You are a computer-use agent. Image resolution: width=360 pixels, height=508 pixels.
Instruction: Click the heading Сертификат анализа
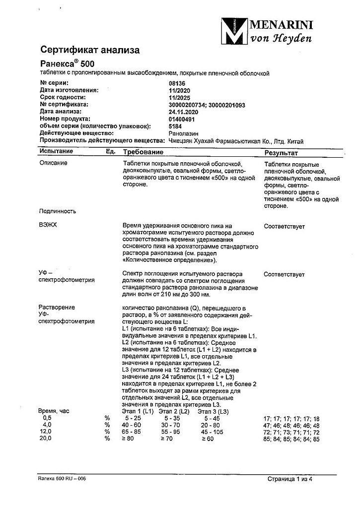(x=90, y=50)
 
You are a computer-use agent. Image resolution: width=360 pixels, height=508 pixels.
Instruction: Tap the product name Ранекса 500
(x=66, y=63)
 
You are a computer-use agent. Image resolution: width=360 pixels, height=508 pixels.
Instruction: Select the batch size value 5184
(x=176, y=126)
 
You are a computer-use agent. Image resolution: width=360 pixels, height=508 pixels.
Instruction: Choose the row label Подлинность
(x=57, y=211)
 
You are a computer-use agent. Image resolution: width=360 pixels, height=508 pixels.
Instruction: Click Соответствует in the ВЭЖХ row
(x=285, y=226)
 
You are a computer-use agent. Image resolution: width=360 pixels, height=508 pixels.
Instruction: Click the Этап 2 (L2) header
(x=174, y=411)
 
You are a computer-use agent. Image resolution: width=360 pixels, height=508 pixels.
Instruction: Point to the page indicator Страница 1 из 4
(x=292, y=480)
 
